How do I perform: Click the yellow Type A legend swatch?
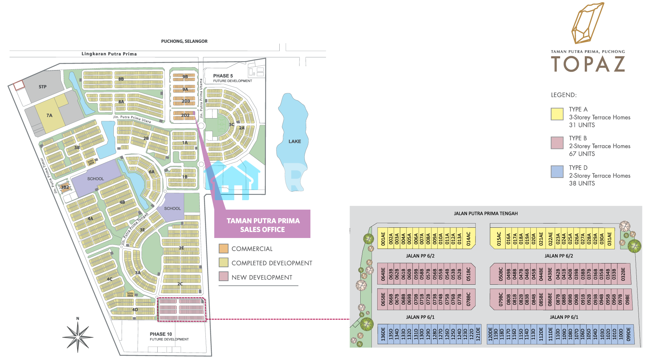(x=557, y=114)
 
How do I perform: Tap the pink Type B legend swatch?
(x=557, y=143)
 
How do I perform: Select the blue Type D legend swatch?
(x=557, y=172)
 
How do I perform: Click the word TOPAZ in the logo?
(x=588, y=64)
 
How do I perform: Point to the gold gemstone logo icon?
(x=588, y=23)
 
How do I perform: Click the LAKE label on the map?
(x=295, y=141)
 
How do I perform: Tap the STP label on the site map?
(x=42, y=87)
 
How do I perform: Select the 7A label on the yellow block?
(x=49, y=115)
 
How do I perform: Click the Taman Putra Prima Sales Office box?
(x=262, y=225)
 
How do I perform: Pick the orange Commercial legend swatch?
(x=223, y=249)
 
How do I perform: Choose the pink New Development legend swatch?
(x=223, y=277)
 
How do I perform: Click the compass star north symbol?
(x=78, y=336)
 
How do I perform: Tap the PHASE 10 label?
(x=161, y=334)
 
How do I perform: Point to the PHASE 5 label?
(x=223, y=76)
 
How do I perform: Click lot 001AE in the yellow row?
(x=383, y=239)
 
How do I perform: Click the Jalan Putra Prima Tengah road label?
(x=486, y=214)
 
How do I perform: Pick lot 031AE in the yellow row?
(x=610, y=239)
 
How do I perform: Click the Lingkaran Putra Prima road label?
(x=109, y=54)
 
